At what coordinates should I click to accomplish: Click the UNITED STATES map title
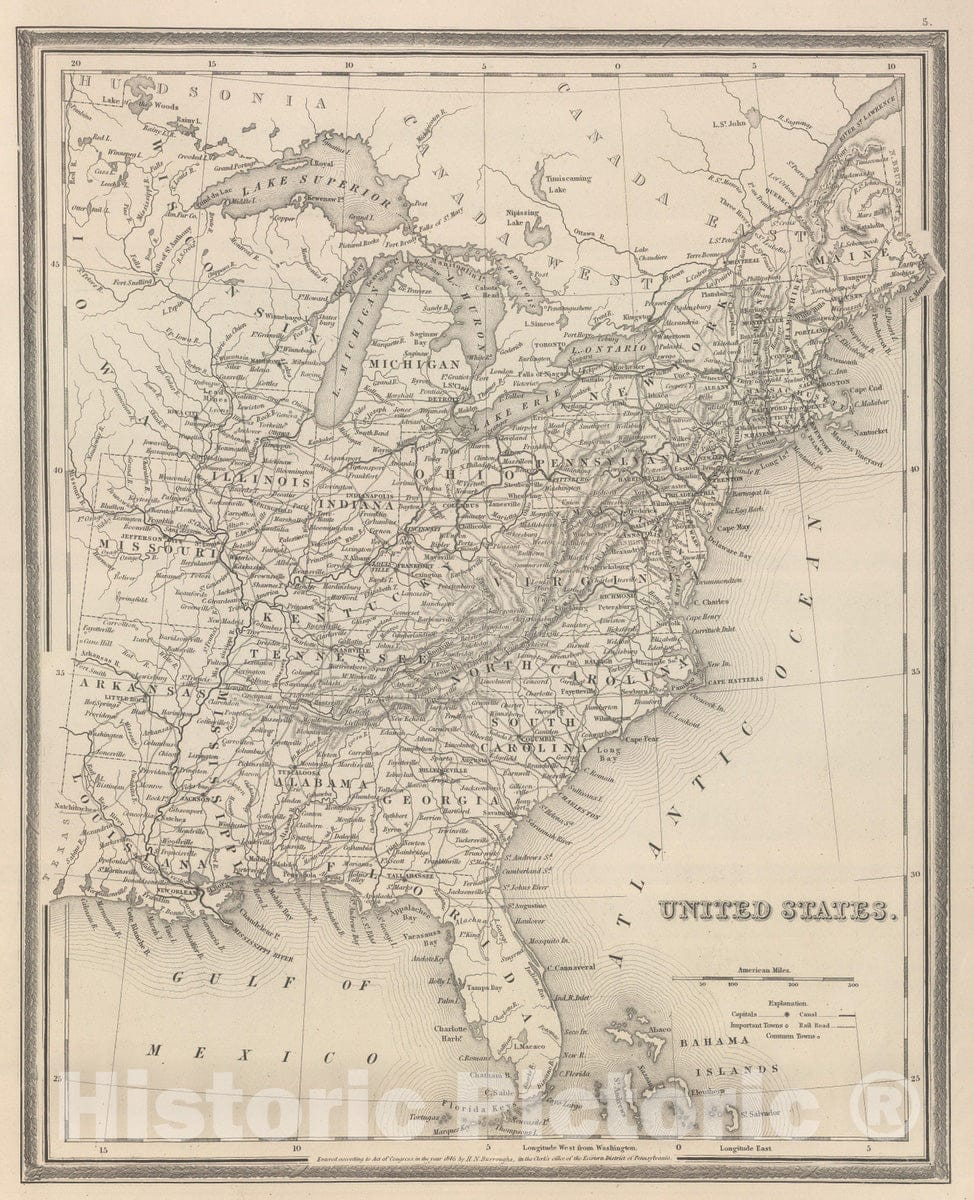point(773,910)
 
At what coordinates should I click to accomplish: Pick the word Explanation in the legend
point(788,1002)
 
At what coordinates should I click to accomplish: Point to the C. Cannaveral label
point(572,967)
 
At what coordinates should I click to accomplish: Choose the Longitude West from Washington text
point(560,1151)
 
